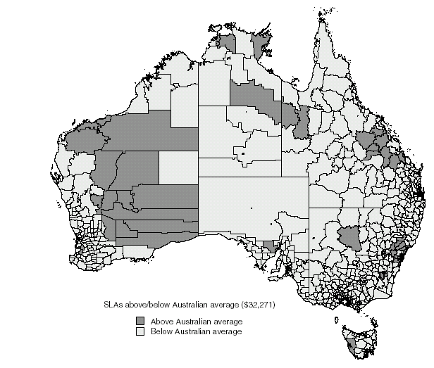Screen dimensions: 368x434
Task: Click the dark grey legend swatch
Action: pyautogui.click(x=141, y=321)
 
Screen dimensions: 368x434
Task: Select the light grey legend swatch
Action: pyautogui.click(x=141, y=331)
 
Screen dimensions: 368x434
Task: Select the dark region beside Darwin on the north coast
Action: pyautogui.click(x=228, y=42)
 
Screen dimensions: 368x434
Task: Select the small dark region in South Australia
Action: pyautogui.click(x=268, y=246)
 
